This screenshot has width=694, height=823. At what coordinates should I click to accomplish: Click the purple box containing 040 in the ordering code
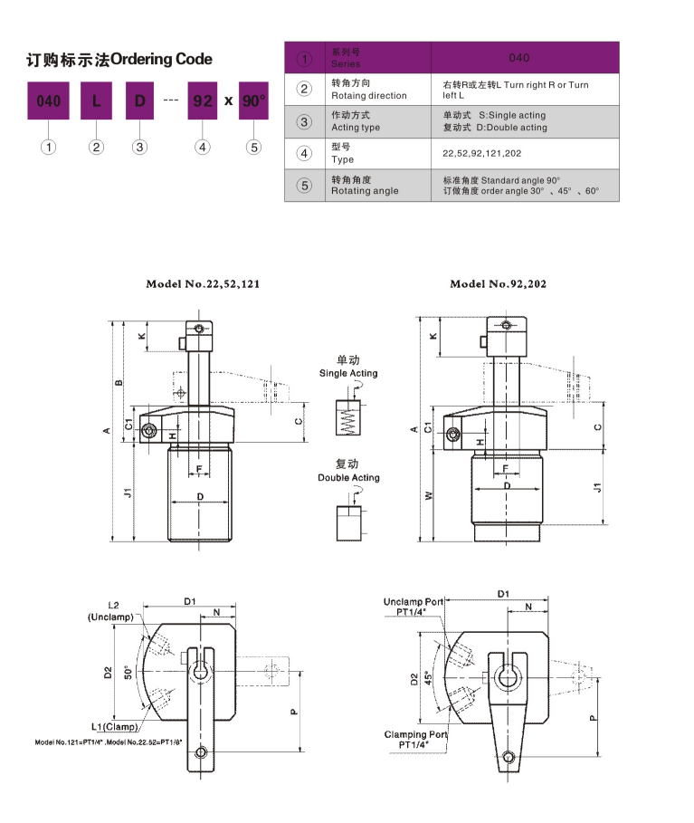(x=48, y=100)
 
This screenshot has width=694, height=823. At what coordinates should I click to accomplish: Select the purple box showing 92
(x=201, y=100)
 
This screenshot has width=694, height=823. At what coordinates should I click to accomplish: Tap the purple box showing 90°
(x=254, y=100)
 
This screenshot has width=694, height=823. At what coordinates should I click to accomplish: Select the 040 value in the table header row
(x=518, y=58)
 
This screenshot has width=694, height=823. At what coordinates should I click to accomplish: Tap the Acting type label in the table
(x=356, y=128)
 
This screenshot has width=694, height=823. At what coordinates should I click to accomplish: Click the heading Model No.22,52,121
(x=204, y=283)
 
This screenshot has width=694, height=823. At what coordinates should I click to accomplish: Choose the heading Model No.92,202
(x=498, y=283)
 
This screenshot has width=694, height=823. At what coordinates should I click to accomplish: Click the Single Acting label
(x=348, y=373)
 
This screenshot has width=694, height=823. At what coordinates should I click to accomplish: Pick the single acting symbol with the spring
(x=347, y=418)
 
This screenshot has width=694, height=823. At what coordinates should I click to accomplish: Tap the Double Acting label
(x=348, y=477)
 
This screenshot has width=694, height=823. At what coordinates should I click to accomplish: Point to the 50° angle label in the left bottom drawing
(x=128, y=672)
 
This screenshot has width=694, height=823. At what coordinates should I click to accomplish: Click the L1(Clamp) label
(x=114, y=727)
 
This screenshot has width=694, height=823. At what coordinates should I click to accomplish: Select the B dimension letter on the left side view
(x=118, y=382)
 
